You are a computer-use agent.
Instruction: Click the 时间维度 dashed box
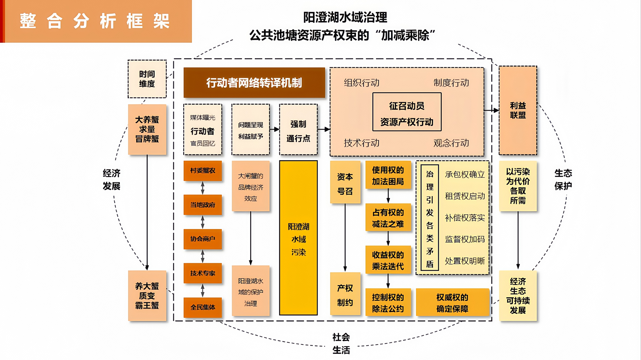click(x=147, y=79)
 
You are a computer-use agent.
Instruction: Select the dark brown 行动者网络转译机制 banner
click(x=254, y=83)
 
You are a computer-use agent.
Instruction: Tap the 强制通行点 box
click(x=298, y=130)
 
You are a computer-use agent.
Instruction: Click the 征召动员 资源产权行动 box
click(x=407, y=112)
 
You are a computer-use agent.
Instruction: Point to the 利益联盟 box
click(x=518, y=110)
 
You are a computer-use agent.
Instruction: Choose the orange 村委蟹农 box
click(x=203, y=171)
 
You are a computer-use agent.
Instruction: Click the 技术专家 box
click(x=203, y=273)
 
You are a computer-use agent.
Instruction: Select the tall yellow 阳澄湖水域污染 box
click(x=298, y=238)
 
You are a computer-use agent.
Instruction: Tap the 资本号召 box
click(x=345, y=182)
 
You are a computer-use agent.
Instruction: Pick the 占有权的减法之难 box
click(x=388, y=218)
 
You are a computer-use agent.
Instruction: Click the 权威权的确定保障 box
click(x=452, y=303)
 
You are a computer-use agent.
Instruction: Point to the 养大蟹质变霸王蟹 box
click(x=147, y=296)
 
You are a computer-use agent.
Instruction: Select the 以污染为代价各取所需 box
click(x=518, y=186)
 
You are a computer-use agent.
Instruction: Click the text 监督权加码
click(x=465, y=239)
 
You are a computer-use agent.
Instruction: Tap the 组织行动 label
click(x=362, y=83)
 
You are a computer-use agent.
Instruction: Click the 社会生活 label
click(x=341, y=343)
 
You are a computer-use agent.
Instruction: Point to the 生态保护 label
click(x=563, y=180)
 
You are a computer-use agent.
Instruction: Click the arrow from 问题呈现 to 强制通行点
click(x=274, y=130)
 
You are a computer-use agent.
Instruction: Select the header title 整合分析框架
click(x=95, y=21)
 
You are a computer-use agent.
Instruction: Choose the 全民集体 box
click(x=203, y=307)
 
